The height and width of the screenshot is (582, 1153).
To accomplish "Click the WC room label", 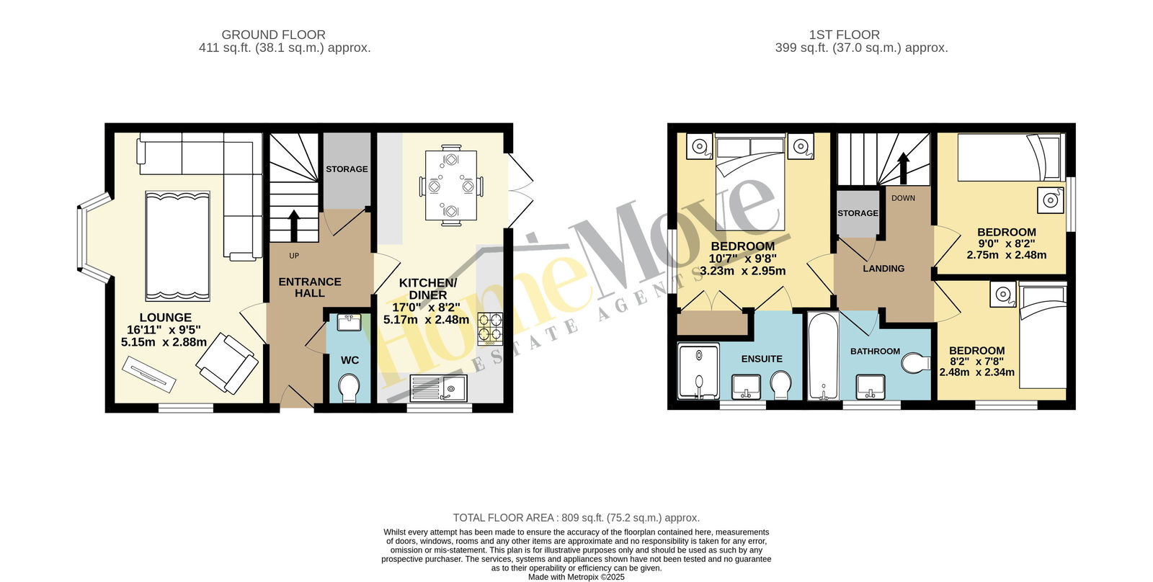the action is coord(350,360).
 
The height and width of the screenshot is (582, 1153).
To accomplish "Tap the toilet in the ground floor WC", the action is coord(350,388).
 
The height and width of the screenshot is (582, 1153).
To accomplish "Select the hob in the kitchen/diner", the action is coord(489,329).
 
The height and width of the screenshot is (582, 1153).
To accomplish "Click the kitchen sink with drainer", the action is coord(438,388).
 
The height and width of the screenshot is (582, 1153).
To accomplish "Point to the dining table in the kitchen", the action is coord(451,185).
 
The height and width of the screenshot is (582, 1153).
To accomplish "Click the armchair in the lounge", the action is coord(227,362).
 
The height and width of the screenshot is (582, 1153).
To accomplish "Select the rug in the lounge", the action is coord(177,246).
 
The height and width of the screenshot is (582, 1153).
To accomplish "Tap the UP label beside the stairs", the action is coord(294,256).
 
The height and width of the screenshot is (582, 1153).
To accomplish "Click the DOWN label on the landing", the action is coord(904,198).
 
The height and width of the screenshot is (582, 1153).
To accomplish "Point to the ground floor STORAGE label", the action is coord(347,169).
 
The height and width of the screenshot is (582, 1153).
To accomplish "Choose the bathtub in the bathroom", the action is coord(823,356).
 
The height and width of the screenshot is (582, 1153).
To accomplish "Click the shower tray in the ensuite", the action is coord(698,372).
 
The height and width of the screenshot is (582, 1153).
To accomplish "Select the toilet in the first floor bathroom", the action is coord(916,363).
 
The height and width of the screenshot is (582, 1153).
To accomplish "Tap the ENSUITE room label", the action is coord(762,359).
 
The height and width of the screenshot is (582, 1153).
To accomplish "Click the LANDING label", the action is coord(883,269).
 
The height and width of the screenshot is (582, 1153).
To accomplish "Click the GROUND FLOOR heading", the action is coord(273,35).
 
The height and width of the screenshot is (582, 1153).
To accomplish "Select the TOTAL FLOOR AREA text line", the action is coord(576,518).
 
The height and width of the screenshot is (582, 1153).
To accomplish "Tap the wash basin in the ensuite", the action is coord(747,387).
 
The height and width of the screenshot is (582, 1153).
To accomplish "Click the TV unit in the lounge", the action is coord(149,375).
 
